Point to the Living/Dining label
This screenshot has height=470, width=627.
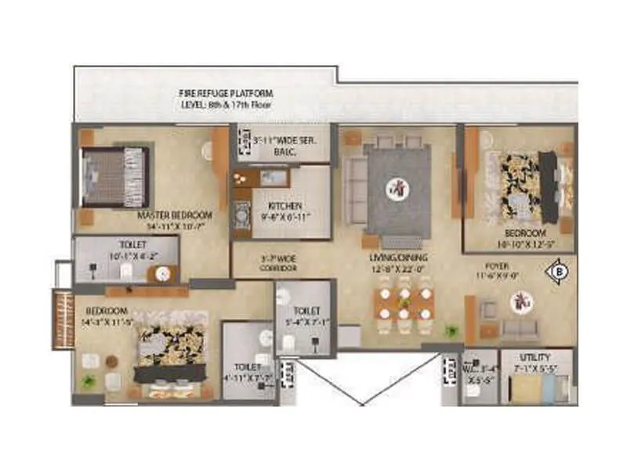[397, 260]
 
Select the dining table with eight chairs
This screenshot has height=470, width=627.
[403, 305]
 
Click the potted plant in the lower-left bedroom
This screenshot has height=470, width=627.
[88, 381]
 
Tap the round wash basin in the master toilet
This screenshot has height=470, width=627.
[162, 273]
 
